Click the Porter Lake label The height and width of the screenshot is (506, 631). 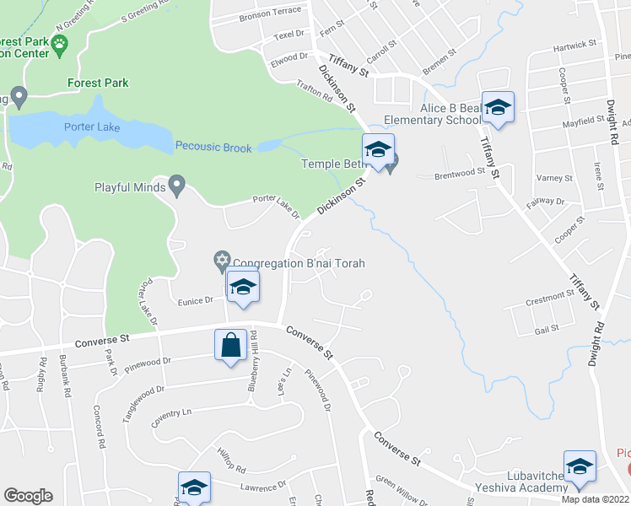[92, 127]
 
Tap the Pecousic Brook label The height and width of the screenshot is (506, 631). [213, 148]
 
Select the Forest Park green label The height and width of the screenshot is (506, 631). [98, 83]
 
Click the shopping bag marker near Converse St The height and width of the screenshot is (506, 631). [230, 346]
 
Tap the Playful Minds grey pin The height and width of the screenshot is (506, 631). [176, 184]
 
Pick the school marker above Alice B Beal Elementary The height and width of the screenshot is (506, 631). [498, 107]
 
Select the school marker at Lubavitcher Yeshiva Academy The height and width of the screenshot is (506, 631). [580, 467]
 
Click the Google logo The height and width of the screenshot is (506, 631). [28, 496]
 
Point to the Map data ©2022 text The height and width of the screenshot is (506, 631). [595, 499]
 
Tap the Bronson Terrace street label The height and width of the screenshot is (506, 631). [270, 14]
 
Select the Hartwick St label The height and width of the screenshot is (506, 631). [574, 45]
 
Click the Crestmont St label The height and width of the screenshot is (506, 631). [549, 298]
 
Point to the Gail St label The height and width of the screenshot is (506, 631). [548, 331]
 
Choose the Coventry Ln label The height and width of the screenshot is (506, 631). [179, 414]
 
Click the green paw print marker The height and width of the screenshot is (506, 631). [59, 43]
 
